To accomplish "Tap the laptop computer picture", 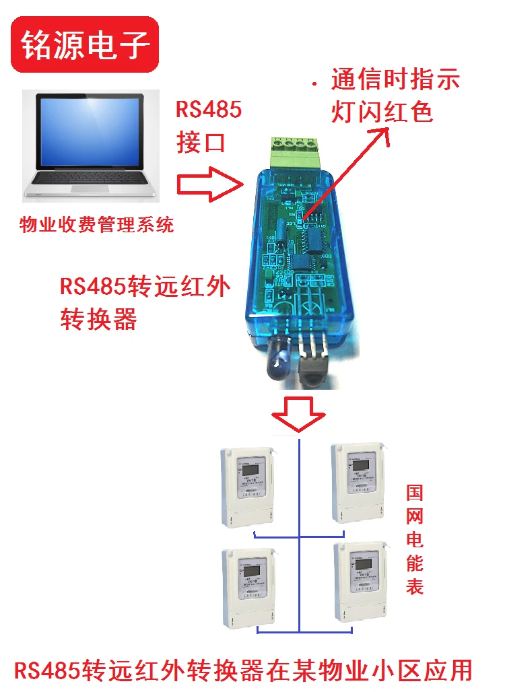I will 91,145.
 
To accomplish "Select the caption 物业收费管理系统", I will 97,224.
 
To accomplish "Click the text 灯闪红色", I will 382,112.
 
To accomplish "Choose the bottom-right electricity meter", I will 360,584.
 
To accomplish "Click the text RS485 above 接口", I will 209,109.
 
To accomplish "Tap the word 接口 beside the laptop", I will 200,142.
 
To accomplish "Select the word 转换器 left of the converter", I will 98,318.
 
